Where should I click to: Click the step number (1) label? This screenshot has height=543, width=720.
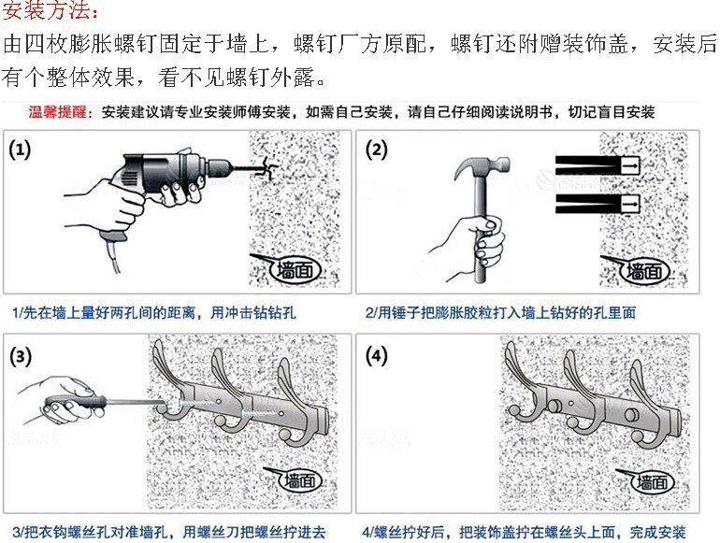(x=20, y=150)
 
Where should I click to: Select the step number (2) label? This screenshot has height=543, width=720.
(x=377, y=150)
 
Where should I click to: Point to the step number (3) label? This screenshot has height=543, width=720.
(x=21, y=357)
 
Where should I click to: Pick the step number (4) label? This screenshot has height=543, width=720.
(x=377, y=357)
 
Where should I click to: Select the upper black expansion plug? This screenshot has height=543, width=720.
(x=598, y=164)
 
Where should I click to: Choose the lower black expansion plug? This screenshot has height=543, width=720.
(x=598, y=204)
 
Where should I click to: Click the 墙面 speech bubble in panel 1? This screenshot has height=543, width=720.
(x=294, y=269)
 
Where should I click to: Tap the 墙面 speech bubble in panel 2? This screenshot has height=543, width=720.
(x=644, y=271)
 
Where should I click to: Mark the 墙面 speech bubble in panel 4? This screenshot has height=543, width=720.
(x=653, y=481)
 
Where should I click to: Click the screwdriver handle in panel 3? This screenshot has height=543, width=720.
(x=76, y=405)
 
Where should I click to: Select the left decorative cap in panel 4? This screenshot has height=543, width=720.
(x=554, y=406)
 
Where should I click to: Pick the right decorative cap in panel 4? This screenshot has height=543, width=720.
(x=632, y=414)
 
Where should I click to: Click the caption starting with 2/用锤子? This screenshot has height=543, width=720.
(x=500, y=313)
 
